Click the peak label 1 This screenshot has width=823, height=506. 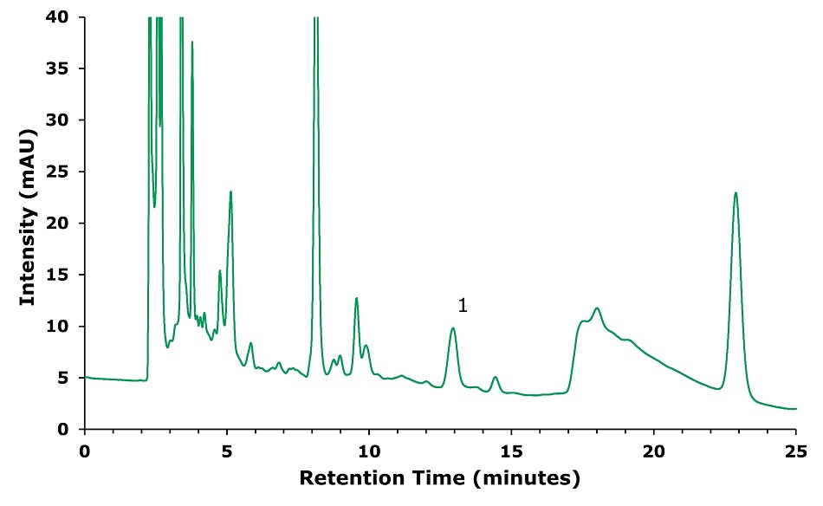click(463, 305)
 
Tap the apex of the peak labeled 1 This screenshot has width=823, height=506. click(453, 328)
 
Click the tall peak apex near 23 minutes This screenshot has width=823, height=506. click(736, 192)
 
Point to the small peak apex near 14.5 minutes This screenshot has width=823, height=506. click(496, 377)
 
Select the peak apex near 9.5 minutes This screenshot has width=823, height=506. click(356, 298)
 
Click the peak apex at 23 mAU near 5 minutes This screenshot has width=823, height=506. click(230, 191)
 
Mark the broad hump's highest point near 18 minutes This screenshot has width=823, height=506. click(597, 308)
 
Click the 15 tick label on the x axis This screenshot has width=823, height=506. click(511, 451)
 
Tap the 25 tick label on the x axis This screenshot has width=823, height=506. click(795, 451)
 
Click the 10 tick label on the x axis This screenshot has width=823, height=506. click(369, 451)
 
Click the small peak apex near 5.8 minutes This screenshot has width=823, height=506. click(250, 343)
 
